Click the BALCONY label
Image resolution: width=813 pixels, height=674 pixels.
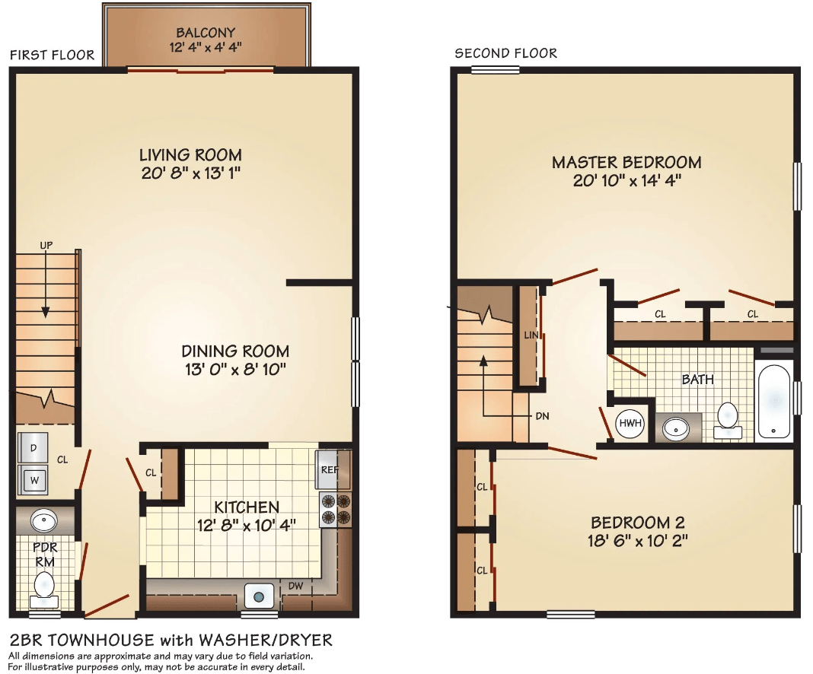coord(206,33)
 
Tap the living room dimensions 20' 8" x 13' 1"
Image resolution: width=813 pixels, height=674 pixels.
coord(191,173)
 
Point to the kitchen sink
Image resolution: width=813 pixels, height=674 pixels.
coord(258,597)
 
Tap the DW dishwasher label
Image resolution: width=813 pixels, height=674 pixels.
coord(295,586)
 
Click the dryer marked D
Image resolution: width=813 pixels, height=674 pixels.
coord(33,447)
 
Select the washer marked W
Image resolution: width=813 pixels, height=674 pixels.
coord(33,480)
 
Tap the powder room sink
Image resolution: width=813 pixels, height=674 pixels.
coord(44,520)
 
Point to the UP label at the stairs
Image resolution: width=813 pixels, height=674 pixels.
coord(46,245)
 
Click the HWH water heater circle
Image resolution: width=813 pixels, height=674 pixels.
coord(630,423)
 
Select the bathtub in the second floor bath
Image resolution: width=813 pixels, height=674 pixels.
coord(773,399)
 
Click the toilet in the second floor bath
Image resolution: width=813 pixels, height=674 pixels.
coord(728,421)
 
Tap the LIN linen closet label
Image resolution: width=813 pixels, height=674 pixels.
coord(531,335)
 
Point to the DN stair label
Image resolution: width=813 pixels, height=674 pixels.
coord(542,416)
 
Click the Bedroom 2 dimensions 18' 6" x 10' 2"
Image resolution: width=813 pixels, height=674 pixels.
coord(638,541)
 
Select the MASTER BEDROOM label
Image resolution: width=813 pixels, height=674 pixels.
coord(626,163)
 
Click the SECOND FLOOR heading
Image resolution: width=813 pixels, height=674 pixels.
coord(506,53)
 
